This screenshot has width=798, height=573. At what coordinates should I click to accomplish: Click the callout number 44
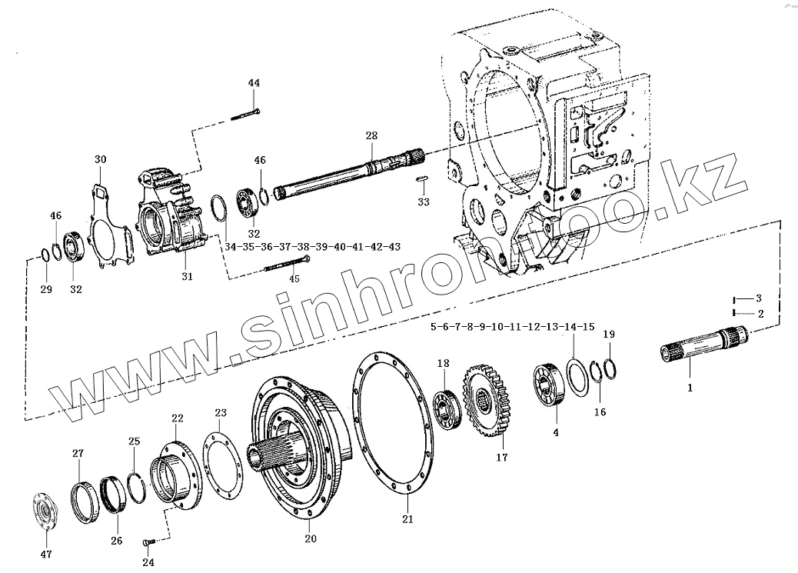254,82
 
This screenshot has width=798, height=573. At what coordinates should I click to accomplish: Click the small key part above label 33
422,180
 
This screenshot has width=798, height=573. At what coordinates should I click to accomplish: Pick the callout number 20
311,538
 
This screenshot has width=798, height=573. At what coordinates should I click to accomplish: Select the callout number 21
407,518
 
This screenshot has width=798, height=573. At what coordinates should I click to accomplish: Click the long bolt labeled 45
285,265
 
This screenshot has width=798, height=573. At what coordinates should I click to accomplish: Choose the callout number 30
101,159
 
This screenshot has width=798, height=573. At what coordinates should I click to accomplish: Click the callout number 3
758,298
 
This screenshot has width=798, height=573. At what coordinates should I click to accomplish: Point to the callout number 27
78,453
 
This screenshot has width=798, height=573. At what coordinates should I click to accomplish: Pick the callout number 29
45,289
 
